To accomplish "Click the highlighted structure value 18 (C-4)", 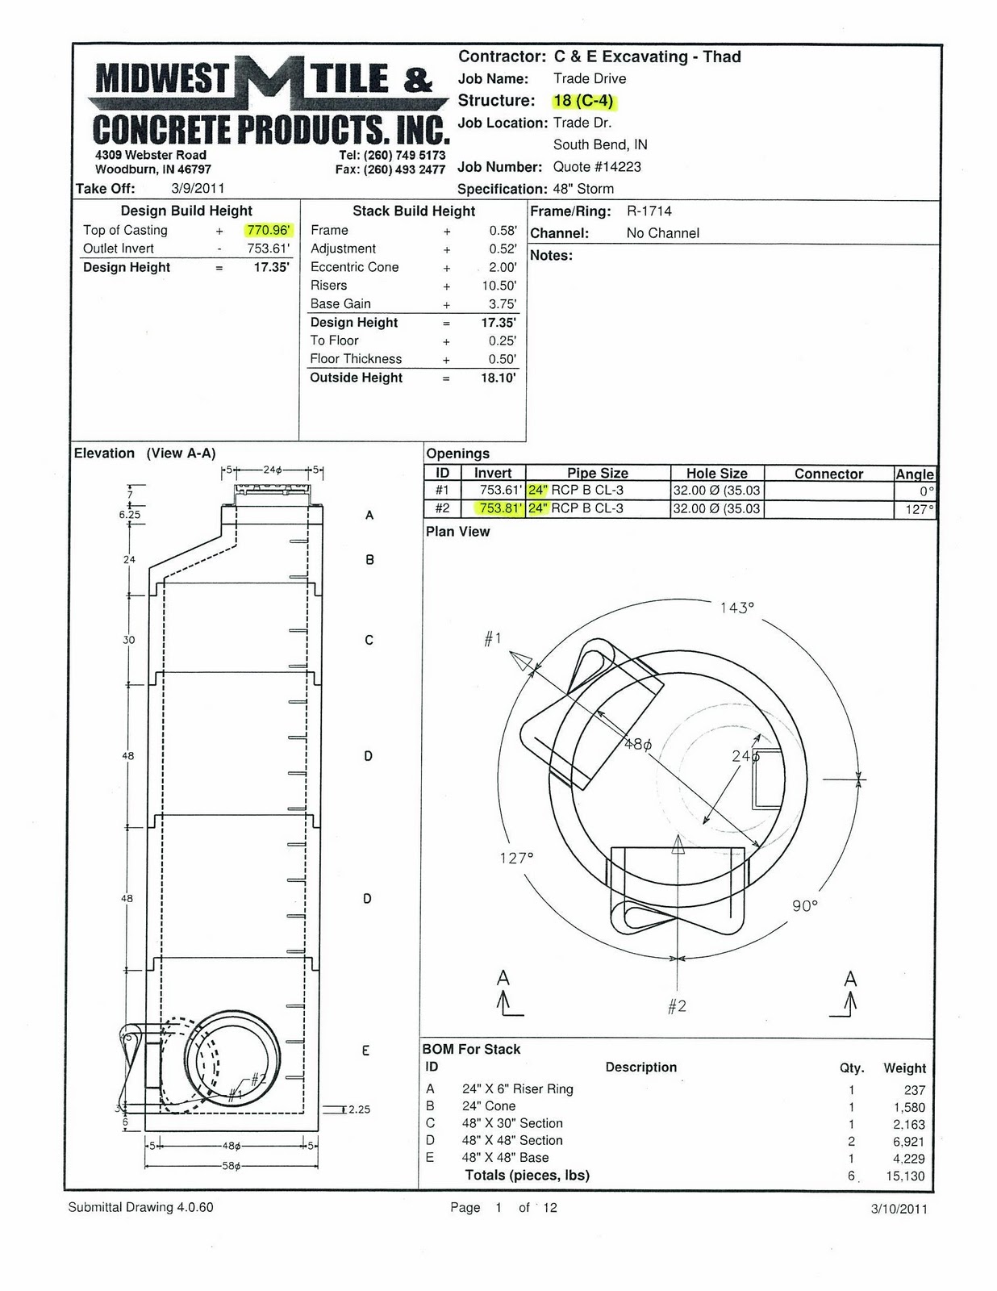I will click(x=584, y=102).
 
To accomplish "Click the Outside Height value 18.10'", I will click(x=499, y=378).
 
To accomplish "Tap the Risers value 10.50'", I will click(x=499, y=286).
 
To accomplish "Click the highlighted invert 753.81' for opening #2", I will click(x=500, y=509).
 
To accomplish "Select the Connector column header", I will click(x=828, y=474).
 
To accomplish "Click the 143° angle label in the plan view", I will click(x=736, y=608).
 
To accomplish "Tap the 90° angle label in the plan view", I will click(x=804, y=906).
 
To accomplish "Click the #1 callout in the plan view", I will click(x=493, y=639).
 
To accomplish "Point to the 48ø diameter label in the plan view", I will click(x=637, y=745).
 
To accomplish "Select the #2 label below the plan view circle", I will click(x=677, y=1006).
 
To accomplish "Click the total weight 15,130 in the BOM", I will click(x=905, y=1176).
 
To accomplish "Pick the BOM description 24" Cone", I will click(x=489, y=1106).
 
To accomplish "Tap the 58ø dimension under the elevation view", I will click(x=232, y=1166).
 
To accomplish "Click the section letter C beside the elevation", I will click(x=369, y=641).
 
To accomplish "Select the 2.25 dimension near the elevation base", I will click(x=359, y=1109).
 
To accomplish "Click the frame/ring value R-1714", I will click(x=649, y=211).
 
